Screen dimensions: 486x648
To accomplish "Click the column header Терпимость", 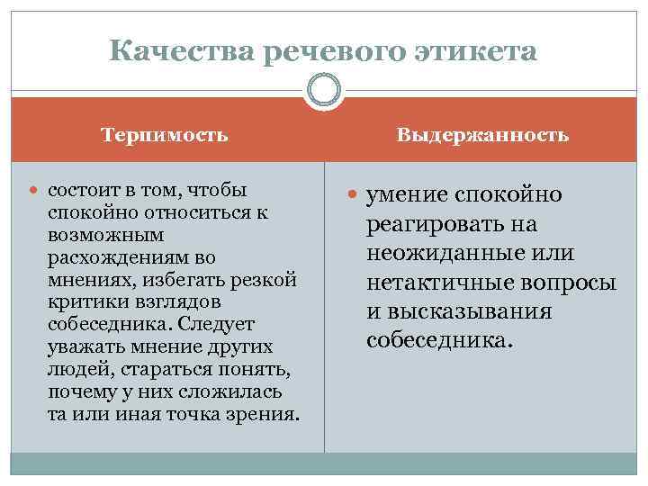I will click(165, 135).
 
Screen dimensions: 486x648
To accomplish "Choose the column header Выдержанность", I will click(483, 135).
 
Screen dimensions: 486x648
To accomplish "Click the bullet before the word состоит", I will click(35, 192).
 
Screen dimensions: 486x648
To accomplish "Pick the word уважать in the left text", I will click(78, 347).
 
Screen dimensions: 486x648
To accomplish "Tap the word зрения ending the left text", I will click(265, 415).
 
